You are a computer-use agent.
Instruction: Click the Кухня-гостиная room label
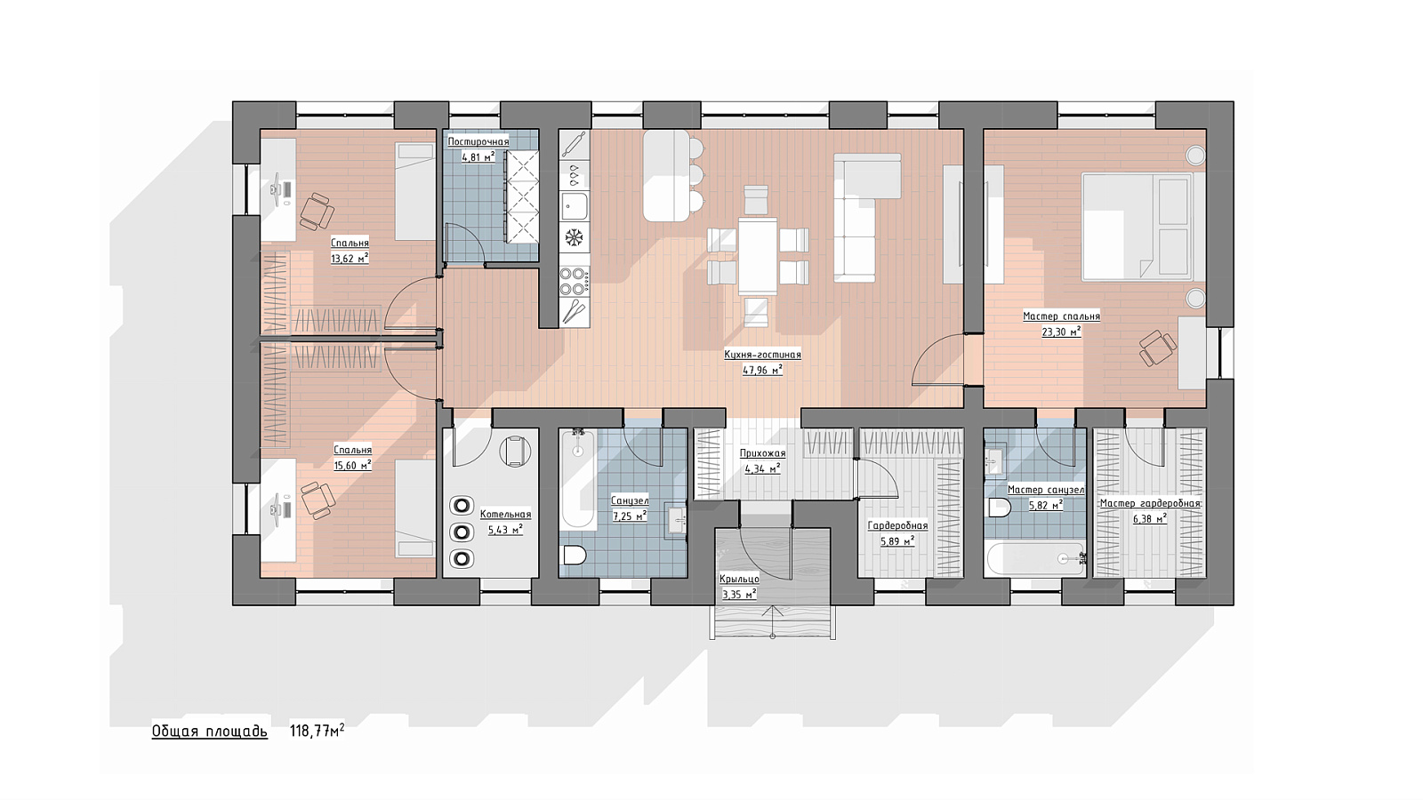click(x=762, y=355)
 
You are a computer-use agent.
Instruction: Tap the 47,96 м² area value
click(x=762, y=370)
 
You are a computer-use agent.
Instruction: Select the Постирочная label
click(x=478, y=141)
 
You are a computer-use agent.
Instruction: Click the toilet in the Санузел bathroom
click(x=575, y=556)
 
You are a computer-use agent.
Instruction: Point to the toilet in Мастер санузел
click(x=1000, y=508)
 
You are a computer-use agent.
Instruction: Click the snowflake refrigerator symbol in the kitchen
click(x=575, y=238)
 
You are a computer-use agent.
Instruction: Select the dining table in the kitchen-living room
click(x=758, y=256)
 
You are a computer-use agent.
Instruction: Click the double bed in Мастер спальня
click(x=1137, y=227)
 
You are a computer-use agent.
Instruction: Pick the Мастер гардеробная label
click(x=1151, y=503)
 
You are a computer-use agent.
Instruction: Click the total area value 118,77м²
click(x=317, y=731)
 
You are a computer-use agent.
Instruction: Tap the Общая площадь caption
click(x=210, y=732)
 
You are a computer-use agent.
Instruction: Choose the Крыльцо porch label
click(x=739, y=579)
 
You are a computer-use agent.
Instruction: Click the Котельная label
click(x=506, y=515)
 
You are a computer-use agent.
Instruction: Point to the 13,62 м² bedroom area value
click(x=350, y=258)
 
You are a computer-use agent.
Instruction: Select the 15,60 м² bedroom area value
click(x=352, y=465)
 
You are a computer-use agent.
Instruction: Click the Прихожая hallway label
click(x=762, y=453)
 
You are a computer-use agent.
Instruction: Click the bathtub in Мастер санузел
click(x=1035, y=559)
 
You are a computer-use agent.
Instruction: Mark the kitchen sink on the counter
click(x=575, y=205)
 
